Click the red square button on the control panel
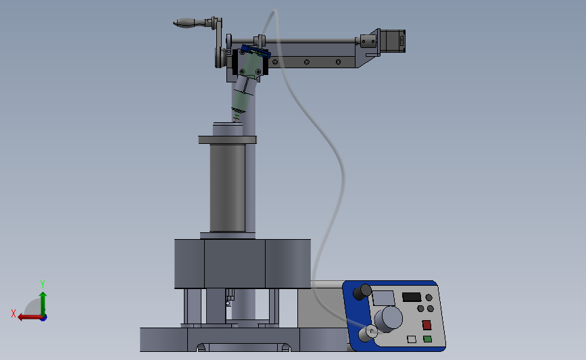coord(426,324)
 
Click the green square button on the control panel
coord(428,339)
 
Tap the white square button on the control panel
coord(412,339)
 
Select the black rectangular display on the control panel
coord(412,297)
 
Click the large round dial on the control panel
coord(388,319)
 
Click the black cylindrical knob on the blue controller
coord(362,292)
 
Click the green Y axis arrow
coord(43,304)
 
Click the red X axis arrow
coord(30,317)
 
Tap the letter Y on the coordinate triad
coord(43,284)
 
